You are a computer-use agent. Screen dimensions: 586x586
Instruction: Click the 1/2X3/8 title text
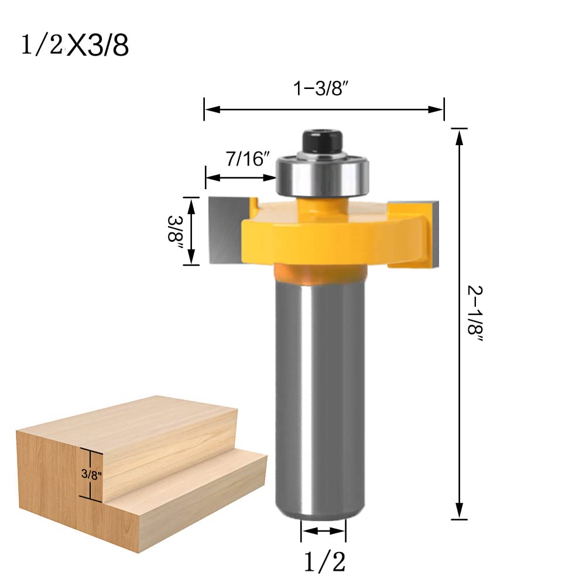click(x=74, y=46)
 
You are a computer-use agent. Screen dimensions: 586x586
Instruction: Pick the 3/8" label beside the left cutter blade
click(x=176, y=231)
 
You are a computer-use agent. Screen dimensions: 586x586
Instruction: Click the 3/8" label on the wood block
click(x=91, y=475)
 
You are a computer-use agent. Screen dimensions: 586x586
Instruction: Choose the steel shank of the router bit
click(x=321, y=398)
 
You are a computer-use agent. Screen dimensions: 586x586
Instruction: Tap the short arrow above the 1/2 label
click(x=323, y=531)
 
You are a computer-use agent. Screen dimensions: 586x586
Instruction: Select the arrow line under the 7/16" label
click(x=241, y=177)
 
